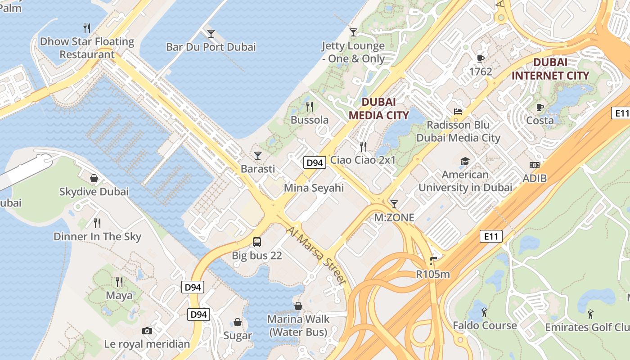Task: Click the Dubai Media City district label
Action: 379,108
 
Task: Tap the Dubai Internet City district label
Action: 550,69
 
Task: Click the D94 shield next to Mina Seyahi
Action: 314,162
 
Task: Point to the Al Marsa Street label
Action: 317,255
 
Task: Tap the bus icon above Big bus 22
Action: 257,242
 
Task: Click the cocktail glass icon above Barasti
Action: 257,156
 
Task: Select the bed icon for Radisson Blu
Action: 458,112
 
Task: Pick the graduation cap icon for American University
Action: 465,161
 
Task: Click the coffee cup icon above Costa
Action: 540,107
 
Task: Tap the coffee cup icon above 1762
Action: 481,58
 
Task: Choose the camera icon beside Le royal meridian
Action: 147,331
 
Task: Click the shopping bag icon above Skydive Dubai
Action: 94,178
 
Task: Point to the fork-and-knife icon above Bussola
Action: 310,107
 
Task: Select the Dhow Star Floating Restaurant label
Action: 87,48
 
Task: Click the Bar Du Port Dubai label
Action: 211,47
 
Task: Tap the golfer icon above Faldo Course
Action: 484,312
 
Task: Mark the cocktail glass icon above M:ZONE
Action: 394,204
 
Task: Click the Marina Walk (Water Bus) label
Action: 298,326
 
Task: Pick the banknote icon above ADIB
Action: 535,165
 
